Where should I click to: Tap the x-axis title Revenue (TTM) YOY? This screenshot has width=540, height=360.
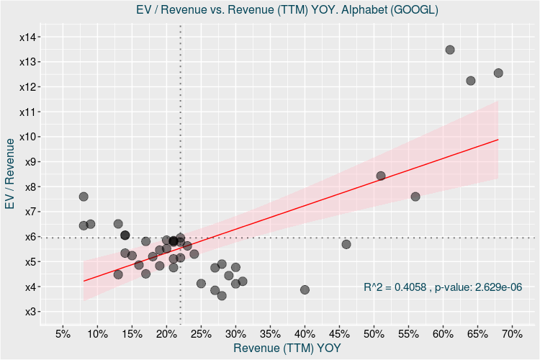pyautogui.click(x=287, y=348)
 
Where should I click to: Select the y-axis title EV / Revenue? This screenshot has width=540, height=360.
pyautogui.click(x=10, y=174)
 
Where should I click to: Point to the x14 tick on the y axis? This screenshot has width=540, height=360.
pyautogui.click(x=30, y=37)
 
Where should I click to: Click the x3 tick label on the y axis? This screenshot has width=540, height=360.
pyautogui.click(x=30, y=312)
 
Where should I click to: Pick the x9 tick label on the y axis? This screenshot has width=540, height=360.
pyautogui.click(x=30, y=162)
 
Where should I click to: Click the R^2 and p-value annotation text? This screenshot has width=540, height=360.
pyautogui.click(x=443, y=287)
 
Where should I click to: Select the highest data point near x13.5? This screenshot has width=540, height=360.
pyautogui.click(x=450, y=50)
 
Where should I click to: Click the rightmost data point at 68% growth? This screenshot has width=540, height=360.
pyautogui.click(x=498, y=73)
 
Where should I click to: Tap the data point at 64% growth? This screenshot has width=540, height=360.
pyautogui.click(x=471, y=81)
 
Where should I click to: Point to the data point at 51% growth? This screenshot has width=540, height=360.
pyautogui.click(x=381, y=176)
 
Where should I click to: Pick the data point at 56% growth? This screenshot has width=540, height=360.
pyautogui.click(x=415, y=197)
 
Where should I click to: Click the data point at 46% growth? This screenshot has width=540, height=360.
pyautogui.click(x=346, y=244)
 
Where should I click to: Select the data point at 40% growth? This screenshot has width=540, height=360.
pyautogui.click(x=305, y=289)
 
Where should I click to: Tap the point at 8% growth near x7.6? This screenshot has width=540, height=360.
pyautogui.click(x=84, y=197)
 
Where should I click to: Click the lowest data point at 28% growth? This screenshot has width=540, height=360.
pyautogui.click(x=222, y=296)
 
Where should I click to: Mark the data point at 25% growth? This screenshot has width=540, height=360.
pyautogui.click(x=201, y=284)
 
